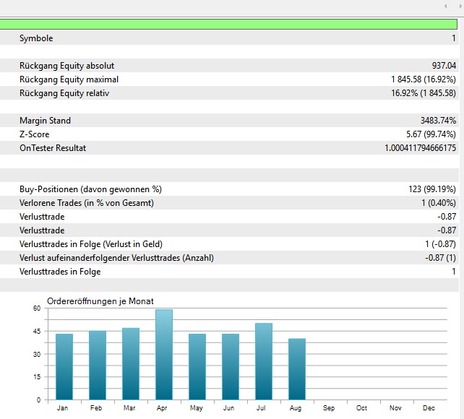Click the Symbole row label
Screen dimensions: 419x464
coord(36,38)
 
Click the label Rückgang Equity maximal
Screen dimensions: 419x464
coord(69,79)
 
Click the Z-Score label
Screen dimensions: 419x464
coord(34,134)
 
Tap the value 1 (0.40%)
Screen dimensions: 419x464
coord(439,203)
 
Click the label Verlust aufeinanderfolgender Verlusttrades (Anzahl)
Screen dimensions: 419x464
coord(116,258)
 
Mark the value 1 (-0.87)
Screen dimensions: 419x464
coord(439,244)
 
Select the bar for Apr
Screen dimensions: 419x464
coord(164,355)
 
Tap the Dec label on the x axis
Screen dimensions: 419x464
coord(429,408)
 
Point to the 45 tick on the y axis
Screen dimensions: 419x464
coord(37,331)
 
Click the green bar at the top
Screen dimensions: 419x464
coord(231,25)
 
